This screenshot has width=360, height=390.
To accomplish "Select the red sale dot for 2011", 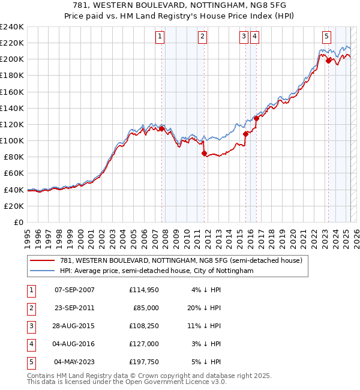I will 204,153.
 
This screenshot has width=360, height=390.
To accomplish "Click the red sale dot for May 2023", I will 328,61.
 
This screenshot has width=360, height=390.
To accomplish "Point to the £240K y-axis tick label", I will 12,26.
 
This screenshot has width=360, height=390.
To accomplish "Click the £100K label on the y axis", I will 12,140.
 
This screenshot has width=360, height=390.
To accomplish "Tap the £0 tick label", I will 18,222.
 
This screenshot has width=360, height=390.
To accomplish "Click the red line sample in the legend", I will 43,260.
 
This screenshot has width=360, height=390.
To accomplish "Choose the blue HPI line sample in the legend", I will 43,271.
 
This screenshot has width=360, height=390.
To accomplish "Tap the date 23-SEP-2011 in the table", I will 74,308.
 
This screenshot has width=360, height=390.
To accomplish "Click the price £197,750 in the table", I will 144,362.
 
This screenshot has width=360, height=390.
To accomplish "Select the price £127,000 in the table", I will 144,344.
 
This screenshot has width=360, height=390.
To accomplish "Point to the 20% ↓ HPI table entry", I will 207,308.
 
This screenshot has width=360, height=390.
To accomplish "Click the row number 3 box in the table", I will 30,326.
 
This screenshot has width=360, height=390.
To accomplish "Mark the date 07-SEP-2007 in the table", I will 74,290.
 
